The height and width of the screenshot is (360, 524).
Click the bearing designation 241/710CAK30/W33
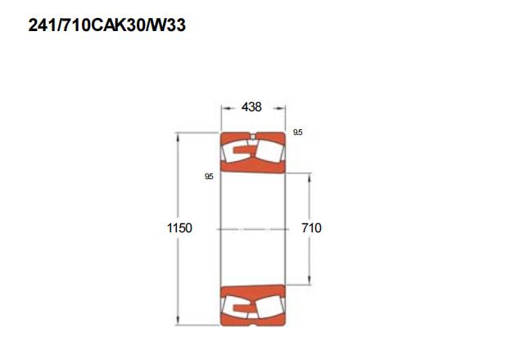click(107, 25)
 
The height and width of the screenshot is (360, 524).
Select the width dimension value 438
click(251, 107)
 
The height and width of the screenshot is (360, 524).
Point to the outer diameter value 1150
click(179, 228)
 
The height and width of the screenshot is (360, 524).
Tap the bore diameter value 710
click(311, 228)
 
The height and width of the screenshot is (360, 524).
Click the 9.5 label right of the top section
click(298, 133)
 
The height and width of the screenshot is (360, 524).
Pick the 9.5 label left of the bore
click(209, 177)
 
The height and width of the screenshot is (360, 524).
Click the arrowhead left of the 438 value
click(227, 108)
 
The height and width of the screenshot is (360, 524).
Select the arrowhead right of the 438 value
click(280, 108)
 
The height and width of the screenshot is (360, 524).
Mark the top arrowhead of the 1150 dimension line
click(178, 137)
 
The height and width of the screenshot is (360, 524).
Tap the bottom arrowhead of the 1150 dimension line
click(178, 320)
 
